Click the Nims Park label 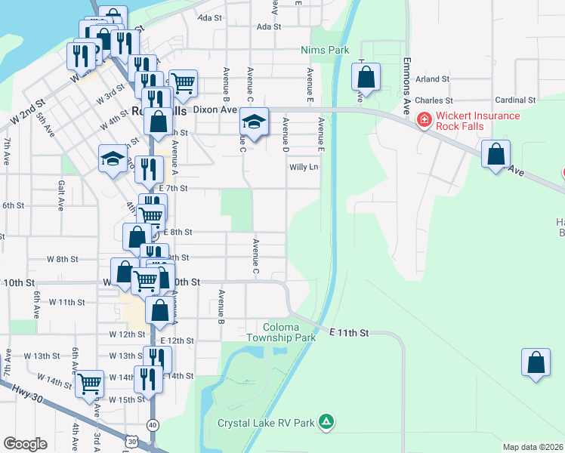coord(324,50)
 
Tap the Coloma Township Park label coord(280,333)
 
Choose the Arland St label coord(432,79)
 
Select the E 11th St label coord(348,332)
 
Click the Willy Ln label coord(304,167)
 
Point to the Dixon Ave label coord(215,109)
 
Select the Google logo coord(26,444)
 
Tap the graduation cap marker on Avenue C coord(255,122)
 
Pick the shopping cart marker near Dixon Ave coord(183,84)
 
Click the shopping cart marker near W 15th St coord(90,384)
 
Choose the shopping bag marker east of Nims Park coord(366,77)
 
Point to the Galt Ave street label coord(60,194)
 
